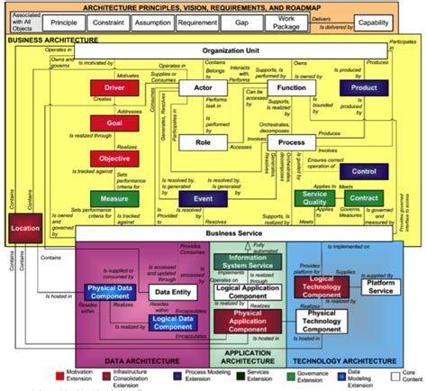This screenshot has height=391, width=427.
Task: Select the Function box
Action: click(x=291, y=88)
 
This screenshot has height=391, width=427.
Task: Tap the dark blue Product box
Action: click(x=363, y=88)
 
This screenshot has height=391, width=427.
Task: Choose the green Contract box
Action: click(x=365, y=199)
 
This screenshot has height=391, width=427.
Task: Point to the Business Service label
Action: click(x=234, y=232)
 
